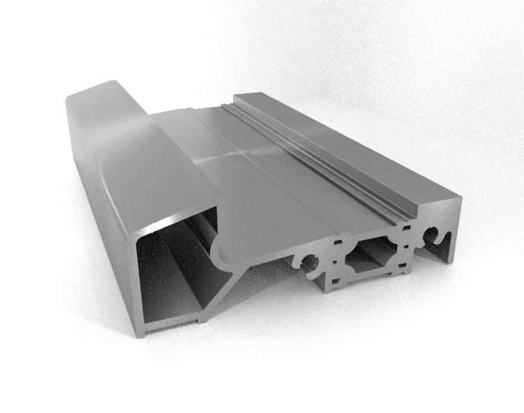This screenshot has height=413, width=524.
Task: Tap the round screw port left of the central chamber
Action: (x=308, y=262)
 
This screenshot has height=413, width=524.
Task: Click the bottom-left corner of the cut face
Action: (x=141, y=332)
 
